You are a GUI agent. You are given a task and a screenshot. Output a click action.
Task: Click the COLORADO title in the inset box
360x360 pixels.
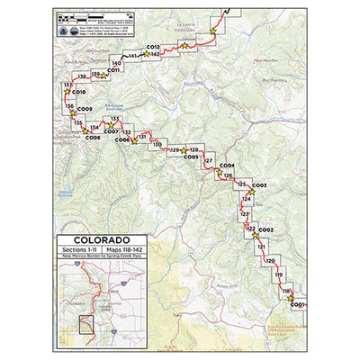coord(93,240)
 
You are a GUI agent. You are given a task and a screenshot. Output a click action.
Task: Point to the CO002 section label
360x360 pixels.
coord(265,229)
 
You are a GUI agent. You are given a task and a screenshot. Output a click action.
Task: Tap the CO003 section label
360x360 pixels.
coord(259,185)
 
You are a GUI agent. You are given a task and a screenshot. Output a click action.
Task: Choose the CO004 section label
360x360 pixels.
coord(227,166)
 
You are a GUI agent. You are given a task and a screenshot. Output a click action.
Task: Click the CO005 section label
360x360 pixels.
coord(191,157)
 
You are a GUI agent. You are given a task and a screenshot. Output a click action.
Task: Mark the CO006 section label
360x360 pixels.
coord(123,139)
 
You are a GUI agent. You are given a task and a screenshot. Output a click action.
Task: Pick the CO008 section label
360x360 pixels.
coord(93,138)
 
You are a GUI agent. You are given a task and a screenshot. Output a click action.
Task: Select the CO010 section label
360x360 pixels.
coord(78,92)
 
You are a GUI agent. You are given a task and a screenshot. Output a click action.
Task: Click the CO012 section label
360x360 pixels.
coord(153,46)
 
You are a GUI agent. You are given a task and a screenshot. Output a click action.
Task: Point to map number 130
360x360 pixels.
coord(157,144)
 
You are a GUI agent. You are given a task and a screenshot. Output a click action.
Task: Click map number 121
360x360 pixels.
coord(261,246)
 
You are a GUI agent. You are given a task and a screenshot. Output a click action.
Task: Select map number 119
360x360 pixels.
coord(278,274)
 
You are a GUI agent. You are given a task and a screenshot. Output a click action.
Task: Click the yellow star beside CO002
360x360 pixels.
coord(253,230)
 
